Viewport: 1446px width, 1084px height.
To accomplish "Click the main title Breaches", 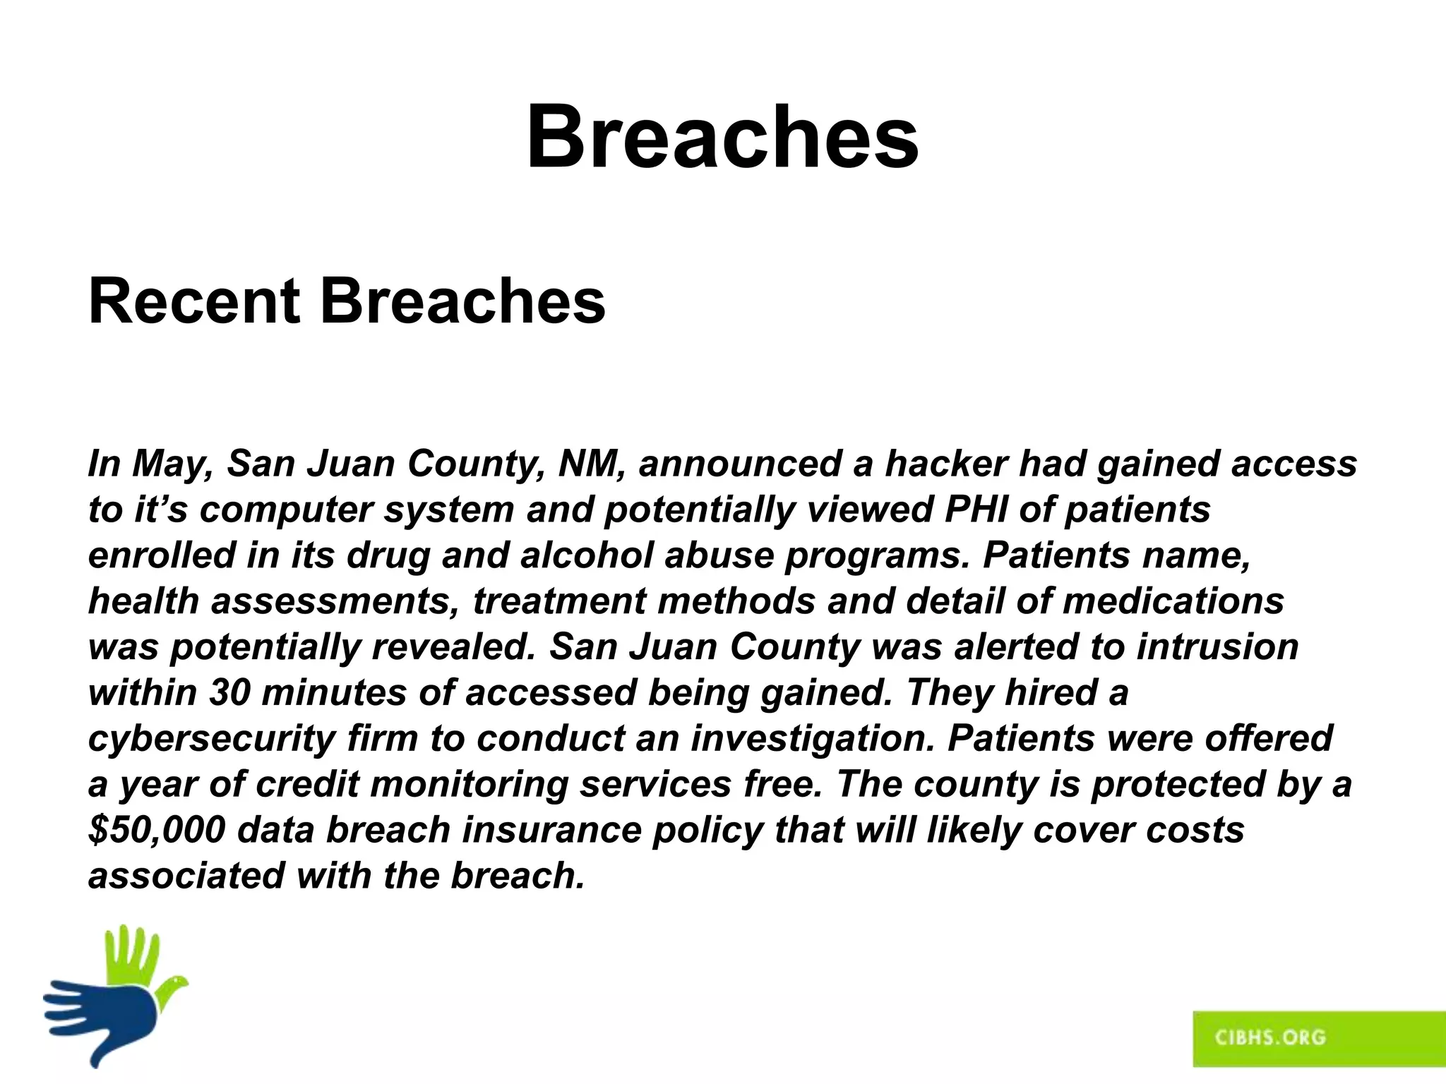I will click(x=722, y=137).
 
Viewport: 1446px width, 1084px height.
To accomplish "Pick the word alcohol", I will click(x=587, y=555).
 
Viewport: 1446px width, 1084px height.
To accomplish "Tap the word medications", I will click(x=1173, y=601).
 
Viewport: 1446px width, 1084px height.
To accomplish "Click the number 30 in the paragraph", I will click(x=229, y=692).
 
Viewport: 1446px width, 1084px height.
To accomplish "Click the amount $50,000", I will click(x=157, y=830).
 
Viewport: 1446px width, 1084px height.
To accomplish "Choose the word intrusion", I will click(x=1217, y=647).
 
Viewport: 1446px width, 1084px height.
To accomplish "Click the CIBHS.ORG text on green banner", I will click(x=1269, y=1037).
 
